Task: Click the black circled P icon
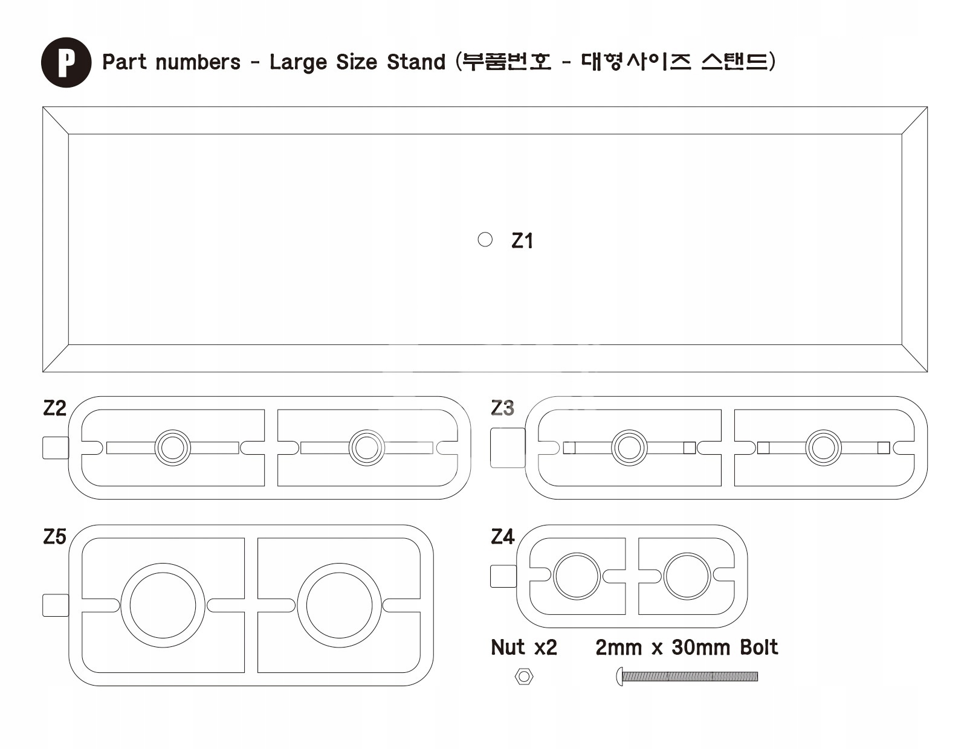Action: click(x=66, y=62)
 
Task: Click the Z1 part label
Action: click(x=522, y=241)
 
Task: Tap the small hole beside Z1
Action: click(x=485, y=240)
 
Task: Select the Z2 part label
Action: click(x=54, y=409)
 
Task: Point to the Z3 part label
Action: click(x=502, y=409)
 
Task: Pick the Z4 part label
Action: click(x=502, y=537)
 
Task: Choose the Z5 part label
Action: click(x=54, y=537)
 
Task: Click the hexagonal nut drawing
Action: click(x=523, y=677)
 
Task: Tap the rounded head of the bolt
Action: click(x=619, y=676)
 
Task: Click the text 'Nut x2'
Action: click(x=523, y=648)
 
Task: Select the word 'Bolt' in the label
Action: click(x=758, y=648)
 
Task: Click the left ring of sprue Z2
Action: click(x=173, y=448)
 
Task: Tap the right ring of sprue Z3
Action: click(x=823, y=448)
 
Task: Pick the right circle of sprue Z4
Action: click(x=687, y=576)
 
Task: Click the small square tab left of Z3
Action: click(x=507, y=448)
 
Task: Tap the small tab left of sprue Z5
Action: click(x=56, y=605)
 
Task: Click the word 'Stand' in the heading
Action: click(x=416, y=62)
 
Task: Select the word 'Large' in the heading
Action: click(x=298, y=62)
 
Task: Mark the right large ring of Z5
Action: click(x=339, y=605)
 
